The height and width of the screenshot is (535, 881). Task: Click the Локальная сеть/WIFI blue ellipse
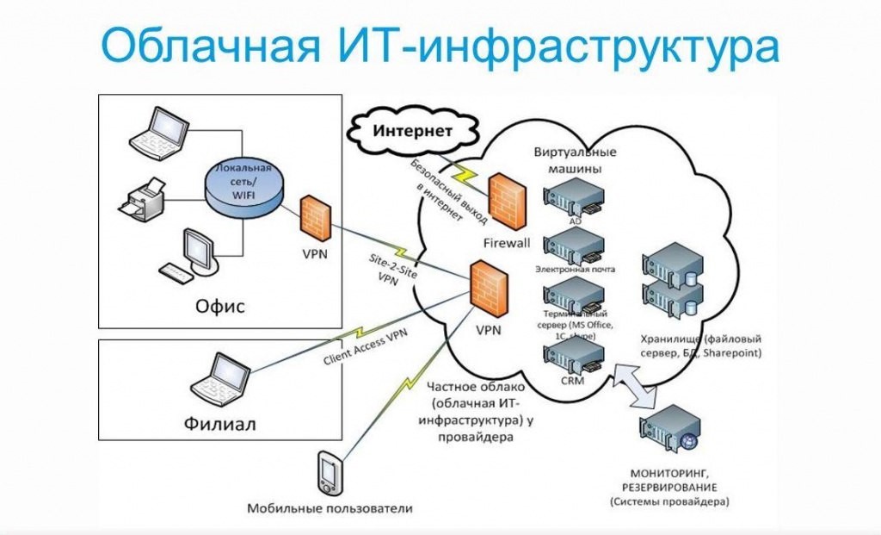coord(246,185)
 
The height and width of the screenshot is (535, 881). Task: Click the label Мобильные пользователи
coord(330,508)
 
